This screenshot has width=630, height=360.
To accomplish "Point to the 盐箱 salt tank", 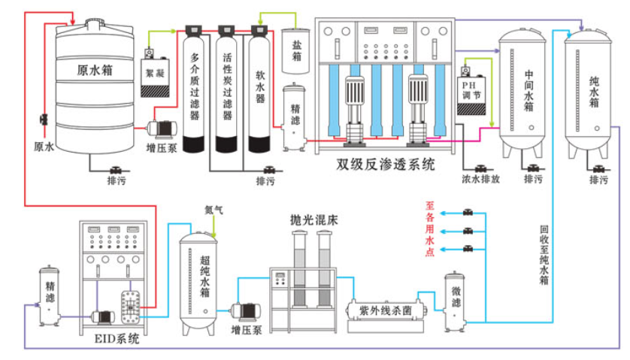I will coord(296,52).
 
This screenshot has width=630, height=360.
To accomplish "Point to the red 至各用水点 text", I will coord(431,225).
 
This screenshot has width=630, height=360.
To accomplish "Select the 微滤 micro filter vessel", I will coord(456,301).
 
